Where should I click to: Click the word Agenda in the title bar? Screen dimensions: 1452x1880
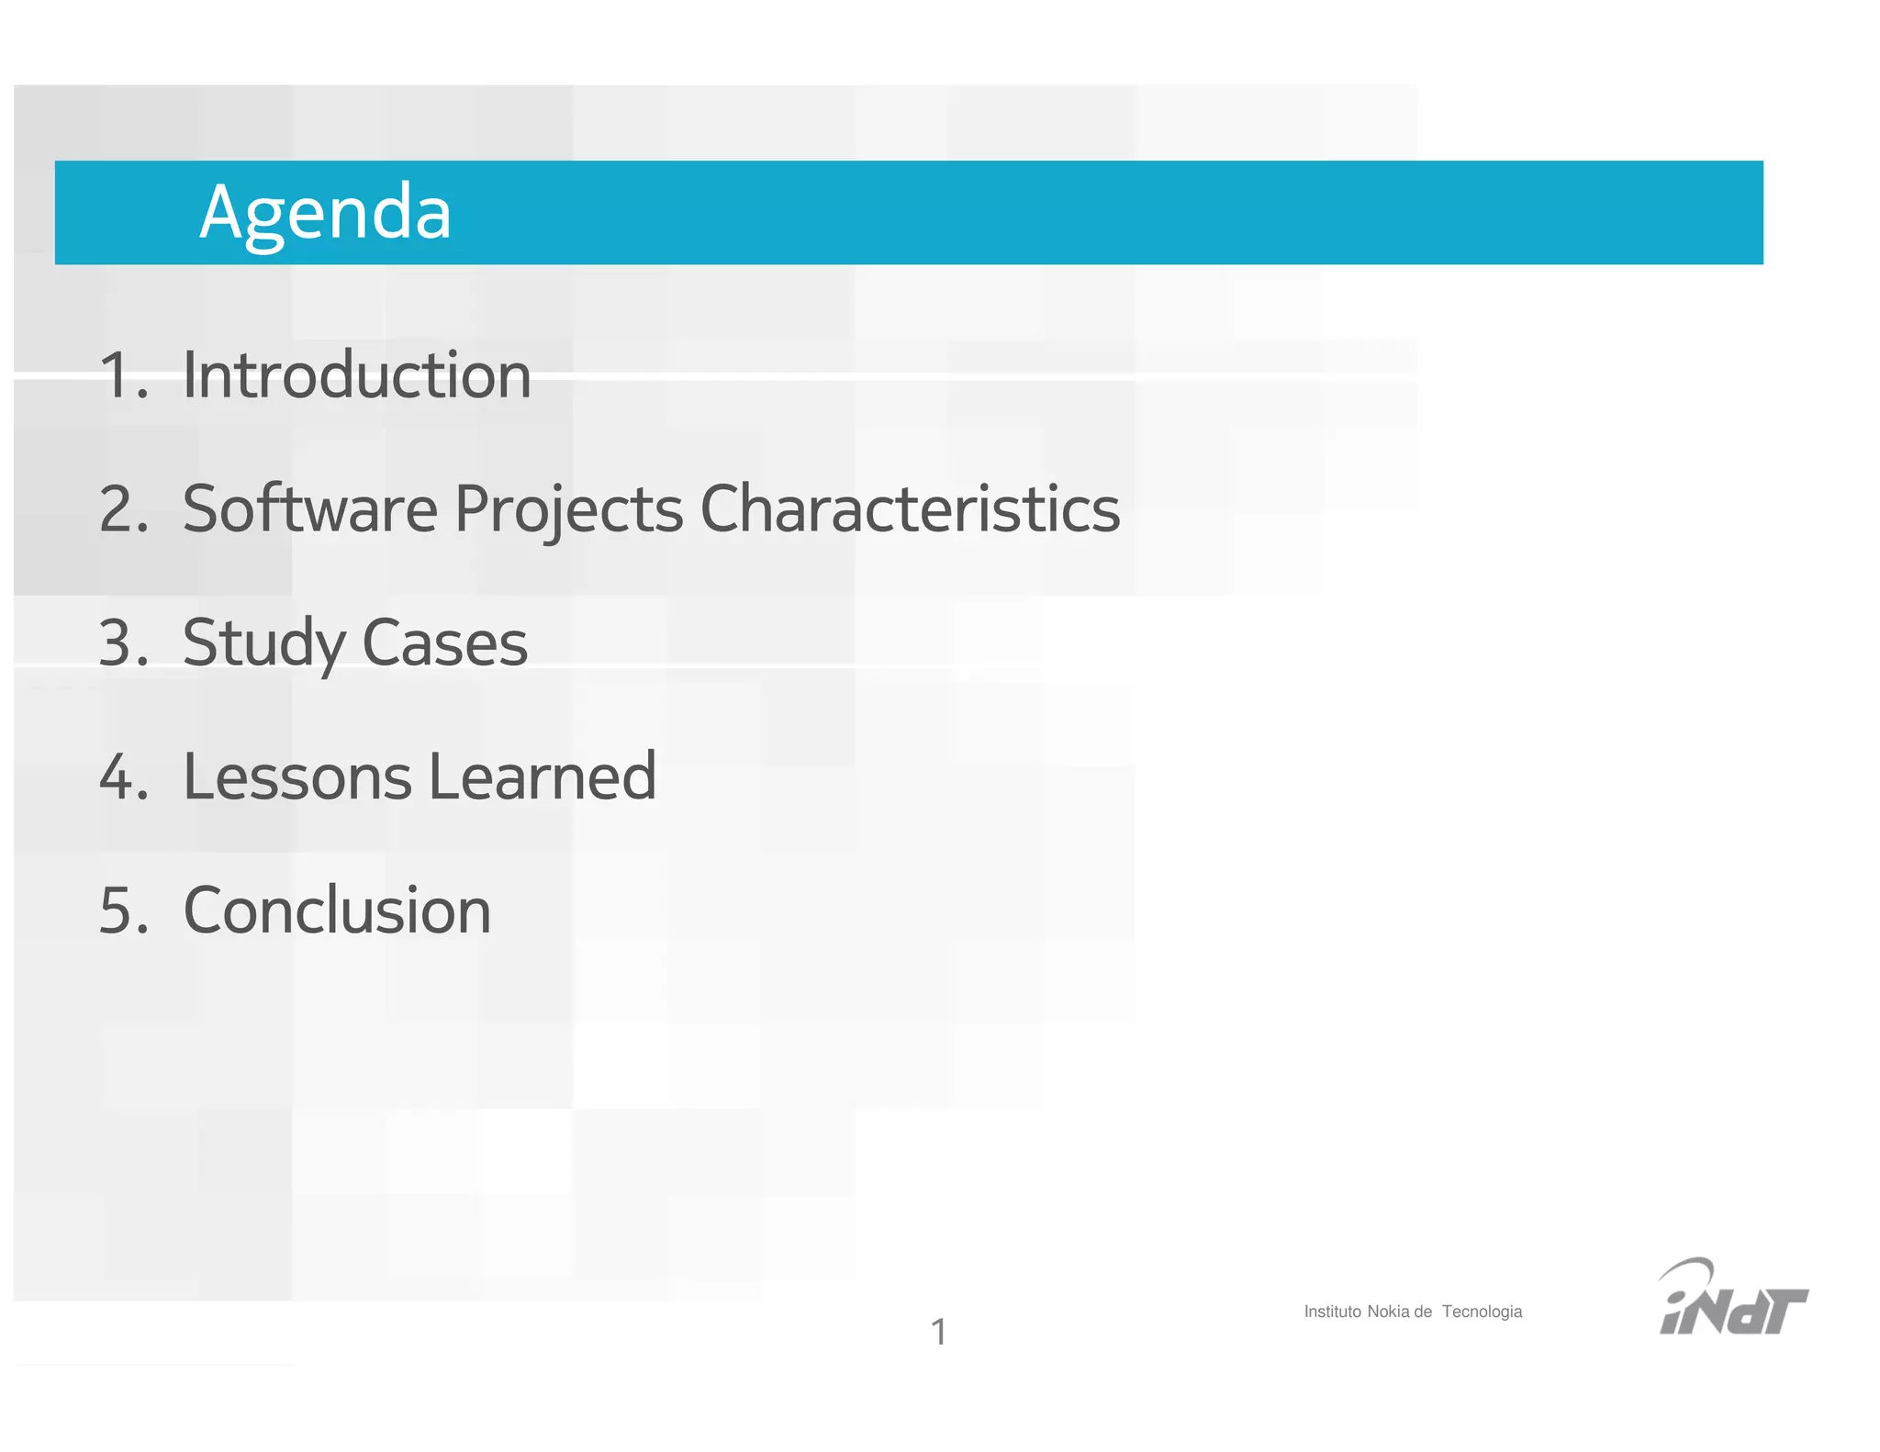click(325, 213)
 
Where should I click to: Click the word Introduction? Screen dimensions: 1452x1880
click(356, 376)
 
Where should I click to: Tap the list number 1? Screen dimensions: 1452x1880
click(121, 376)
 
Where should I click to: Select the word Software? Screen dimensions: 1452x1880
click(309, 508)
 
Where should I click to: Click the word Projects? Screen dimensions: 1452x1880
click(569, 510)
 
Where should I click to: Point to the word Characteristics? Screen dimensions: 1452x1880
click(910, 508)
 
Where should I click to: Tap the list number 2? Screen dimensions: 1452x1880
click(121, 510)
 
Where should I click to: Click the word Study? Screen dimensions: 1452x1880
click(263, 644)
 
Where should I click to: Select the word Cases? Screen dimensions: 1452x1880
click(445, 642)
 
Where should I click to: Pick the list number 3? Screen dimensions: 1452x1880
click(121, 643)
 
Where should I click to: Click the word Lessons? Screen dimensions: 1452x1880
click(297, 776)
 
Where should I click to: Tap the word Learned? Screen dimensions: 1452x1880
click(543, 776)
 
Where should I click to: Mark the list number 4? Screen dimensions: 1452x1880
click(121, 777)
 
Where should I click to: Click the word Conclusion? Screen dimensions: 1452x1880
click(337, 910)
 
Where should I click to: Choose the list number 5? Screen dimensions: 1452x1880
click(121, 911)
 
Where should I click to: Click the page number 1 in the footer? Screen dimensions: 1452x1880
click(938, 1332)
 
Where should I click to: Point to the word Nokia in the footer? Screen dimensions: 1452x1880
click(1388, 1312)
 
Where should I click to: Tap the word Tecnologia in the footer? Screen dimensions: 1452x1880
click(1482, 1312)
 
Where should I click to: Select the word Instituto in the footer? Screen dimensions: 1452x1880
click(1332, 1312)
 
